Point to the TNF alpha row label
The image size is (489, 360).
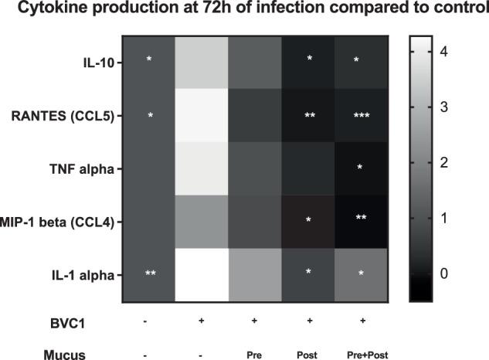[87, 167]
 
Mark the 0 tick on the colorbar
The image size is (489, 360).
[444, 273]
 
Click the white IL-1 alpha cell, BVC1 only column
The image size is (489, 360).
[202, 275]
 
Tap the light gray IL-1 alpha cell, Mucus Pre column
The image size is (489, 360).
[255, 275]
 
